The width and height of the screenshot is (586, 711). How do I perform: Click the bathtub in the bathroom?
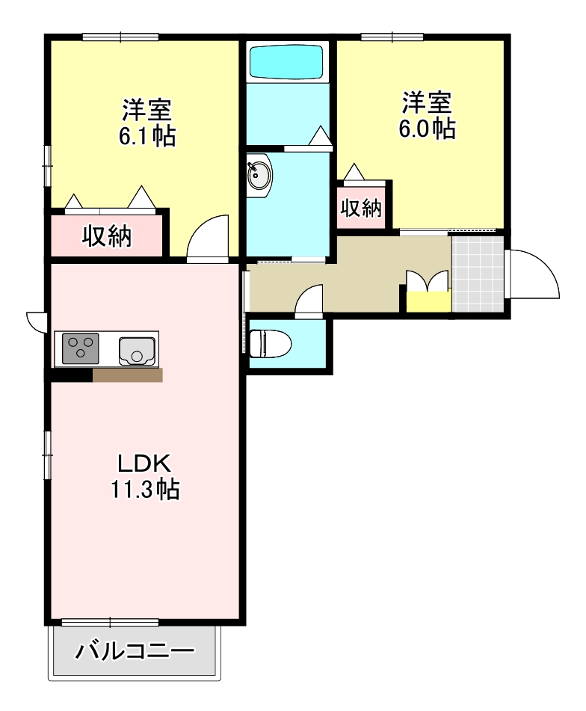[287, 62]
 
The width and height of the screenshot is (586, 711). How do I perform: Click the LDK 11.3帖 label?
[145, 476]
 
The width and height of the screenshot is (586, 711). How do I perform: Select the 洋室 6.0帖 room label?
[427, 115]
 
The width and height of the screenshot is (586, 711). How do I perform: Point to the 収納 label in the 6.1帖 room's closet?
[107, 236]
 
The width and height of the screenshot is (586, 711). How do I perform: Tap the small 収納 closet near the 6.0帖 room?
[362, 207]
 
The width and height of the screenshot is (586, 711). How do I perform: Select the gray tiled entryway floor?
[476, 273]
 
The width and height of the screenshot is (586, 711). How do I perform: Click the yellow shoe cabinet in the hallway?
[428, 301]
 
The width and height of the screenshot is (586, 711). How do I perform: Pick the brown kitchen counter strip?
[127, 375]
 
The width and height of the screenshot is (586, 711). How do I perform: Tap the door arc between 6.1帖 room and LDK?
[209, 237]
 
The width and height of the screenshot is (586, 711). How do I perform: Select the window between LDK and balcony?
[110, 622]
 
